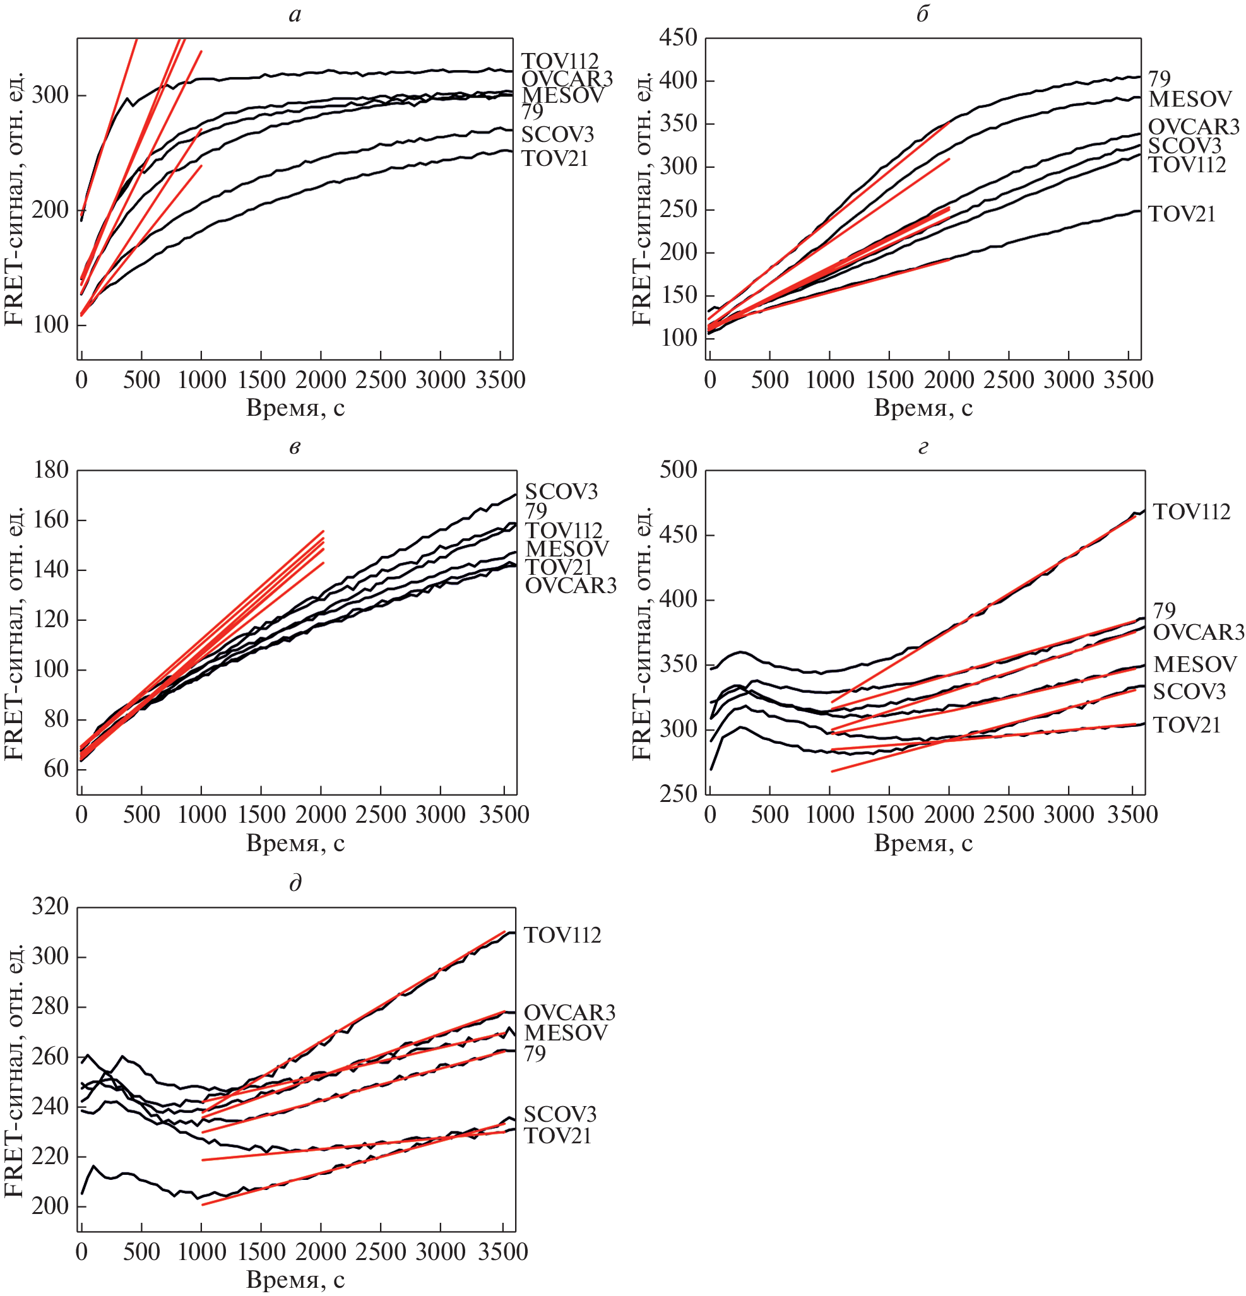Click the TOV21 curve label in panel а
[x=555, y=159]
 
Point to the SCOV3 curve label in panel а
[x=557, y=134]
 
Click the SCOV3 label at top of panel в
[x=562, y=492]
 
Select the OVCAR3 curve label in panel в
[x=571, y=585]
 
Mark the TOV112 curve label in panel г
[x=1192, y=512]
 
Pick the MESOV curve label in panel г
[x=1195, y=664]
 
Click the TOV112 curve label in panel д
[x=563, y=936]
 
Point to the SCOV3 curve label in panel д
[x=560, y=1114]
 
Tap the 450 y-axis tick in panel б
[x=678, y=38]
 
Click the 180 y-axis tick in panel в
[x=51, y=470]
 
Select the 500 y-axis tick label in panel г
[x=679, y=470]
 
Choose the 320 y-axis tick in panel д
[x=50, y=907]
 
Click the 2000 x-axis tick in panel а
[x=321, y=380]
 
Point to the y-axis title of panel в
[x=15, y=633]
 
